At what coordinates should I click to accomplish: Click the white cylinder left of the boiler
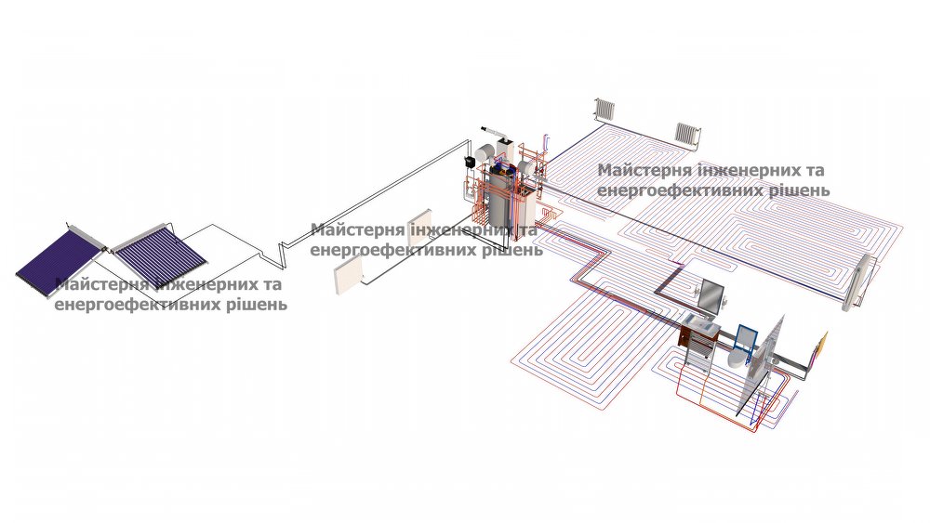486,152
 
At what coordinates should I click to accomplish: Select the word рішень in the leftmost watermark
255,304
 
